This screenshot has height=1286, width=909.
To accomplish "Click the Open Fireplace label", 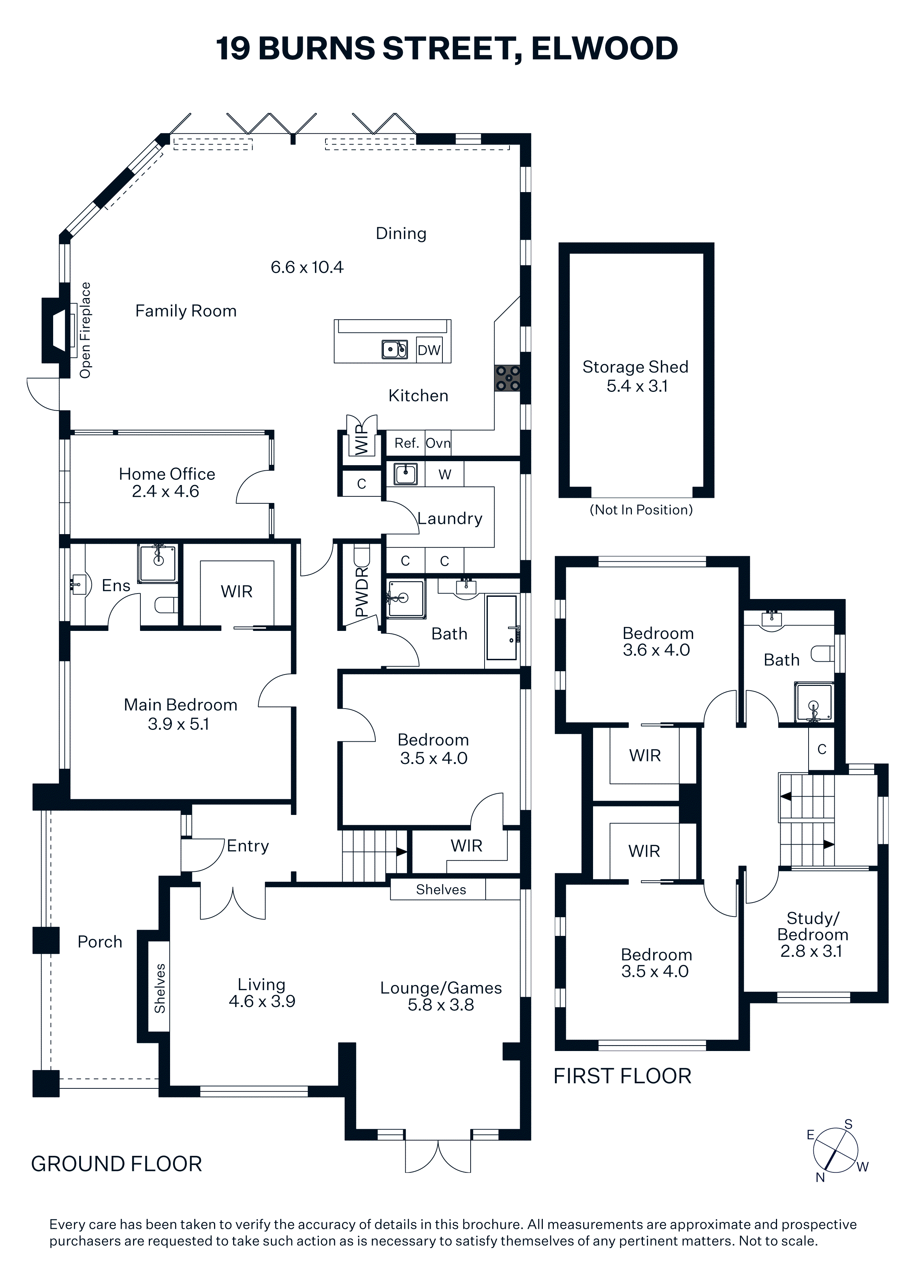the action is (x=85, y=330).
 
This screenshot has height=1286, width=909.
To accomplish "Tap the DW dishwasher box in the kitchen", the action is (x=429, y=350).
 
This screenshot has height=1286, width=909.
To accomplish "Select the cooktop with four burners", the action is (x=507, y=378).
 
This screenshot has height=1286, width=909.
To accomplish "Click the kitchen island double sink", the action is (x=395, y=349).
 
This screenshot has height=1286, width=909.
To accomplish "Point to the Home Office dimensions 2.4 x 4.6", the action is (x=166, y=491).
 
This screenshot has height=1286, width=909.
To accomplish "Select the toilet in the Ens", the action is (x=166, y=605).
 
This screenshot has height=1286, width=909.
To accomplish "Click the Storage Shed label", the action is (x=635, y=367).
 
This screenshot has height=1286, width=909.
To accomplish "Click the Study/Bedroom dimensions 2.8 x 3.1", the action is (x=812, y=951).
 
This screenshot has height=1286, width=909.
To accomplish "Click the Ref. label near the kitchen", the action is (x=406, y=443).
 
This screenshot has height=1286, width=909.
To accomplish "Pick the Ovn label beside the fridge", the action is (x=438, y=443).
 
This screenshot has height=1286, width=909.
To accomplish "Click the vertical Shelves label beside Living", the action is (x=160, y=989).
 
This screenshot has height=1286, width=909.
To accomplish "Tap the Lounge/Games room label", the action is (x=441, y=988).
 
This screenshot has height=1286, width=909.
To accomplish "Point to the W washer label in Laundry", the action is (x=445, y=474).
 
